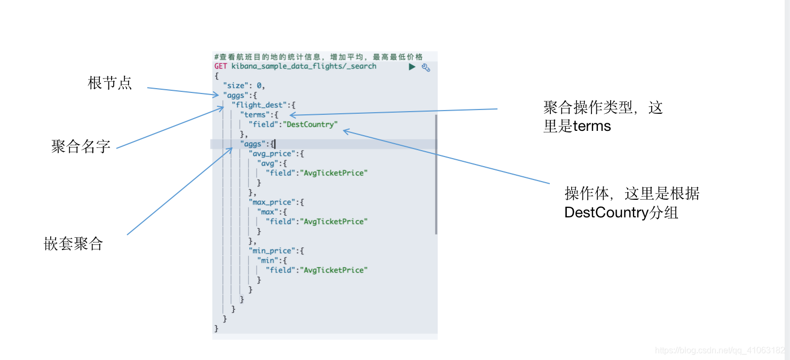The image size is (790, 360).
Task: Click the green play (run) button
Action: pos(412,67)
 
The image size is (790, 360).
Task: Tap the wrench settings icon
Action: pos(426,67)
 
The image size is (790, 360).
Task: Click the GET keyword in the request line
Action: pos(220,66)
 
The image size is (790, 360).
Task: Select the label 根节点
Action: pos(109,83)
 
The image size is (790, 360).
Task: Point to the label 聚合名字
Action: pos(81,147)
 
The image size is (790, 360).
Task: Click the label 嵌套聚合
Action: pos(73,244)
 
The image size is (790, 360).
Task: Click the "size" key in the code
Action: pos(236,85)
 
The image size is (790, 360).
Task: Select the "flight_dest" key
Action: pos(260,105)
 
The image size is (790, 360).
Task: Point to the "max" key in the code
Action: pos(268,212)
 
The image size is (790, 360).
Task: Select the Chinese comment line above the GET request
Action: pos(318,57)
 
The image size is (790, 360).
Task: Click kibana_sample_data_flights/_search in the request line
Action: pos(304,66)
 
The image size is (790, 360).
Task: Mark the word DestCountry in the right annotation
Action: pos(606,213)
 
